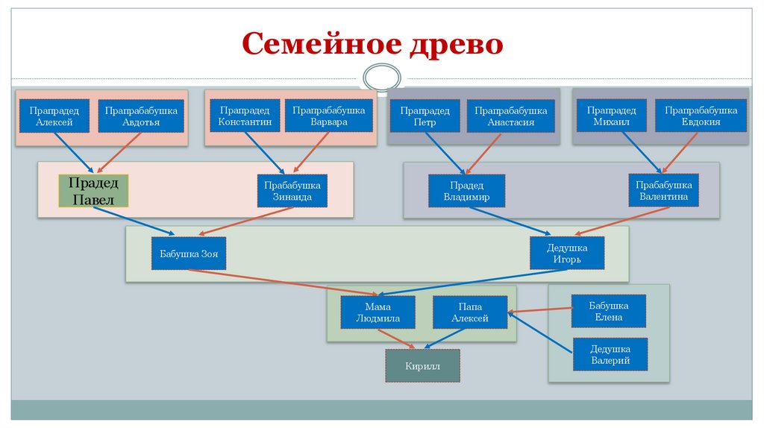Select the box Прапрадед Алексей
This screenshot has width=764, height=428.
pyautogui.click(x=54, y=116)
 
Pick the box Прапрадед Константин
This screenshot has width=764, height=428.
pyautogui.click(x=245, y=116)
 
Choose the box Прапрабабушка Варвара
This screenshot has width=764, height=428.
pyautogui.click(x=329, y=116)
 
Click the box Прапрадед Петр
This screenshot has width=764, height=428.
pyautogui.click(x=425, y=116)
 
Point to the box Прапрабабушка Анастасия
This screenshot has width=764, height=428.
pyautogui.click(x=511, y=116)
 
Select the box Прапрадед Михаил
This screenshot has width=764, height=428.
pyautogui.click(x=611, y=116)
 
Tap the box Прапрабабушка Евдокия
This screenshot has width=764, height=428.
pyautogui.click(x=701, y=116)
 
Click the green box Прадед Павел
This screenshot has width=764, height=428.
pyautogui.click(x=94, y=190)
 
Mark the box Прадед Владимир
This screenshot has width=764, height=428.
pyautogui.click(x=466, y=191)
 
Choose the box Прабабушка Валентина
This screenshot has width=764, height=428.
pyautogui.click(x=664, y=191)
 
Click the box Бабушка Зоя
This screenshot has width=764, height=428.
pyautogui.click(x=189, y=254)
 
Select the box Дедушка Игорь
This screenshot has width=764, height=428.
pyautogui.click(x=567, y=254)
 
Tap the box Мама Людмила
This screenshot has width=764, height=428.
pyautogui.click(x=378, y=312)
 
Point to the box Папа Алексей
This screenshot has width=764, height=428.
pyautogui.click(x=470, y=312)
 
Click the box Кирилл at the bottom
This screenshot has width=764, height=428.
pyautogui.click(x=423, y=366)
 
